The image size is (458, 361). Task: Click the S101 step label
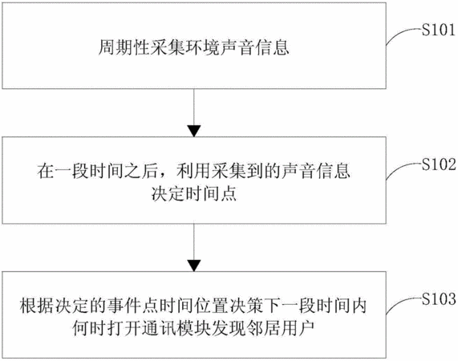click(x=439, y=30)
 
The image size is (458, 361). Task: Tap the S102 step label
click(x=439, y=164)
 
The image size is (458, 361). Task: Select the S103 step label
click(x=439, y=299)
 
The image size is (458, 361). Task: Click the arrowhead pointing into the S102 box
click(x=194, y=131)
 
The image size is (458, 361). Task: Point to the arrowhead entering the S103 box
click(x=194, y=266)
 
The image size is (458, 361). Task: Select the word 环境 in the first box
click(x=202, y=47)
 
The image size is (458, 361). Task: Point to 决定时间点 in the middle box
click(x=194, y=193)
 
